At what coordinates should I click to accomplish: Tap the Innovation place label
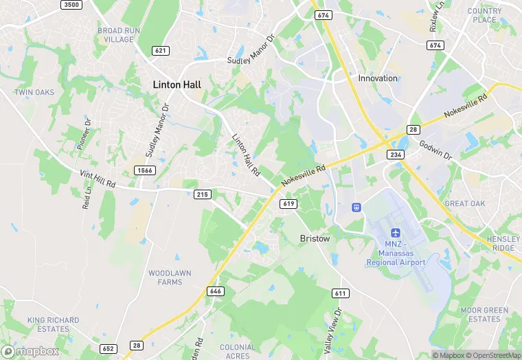pyautogui.click(x=378, y=78)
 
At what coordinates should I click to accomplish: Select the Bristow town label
pyautogui.click(x=315, y=238)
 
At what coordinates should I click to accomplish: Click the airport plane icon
pyautogui.click(x=395, y=235)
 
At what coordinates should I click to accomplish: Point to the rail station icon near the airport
pyautogui.click(x=356, y=207)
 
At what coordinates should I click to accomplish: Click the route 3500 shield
pyautogui.click(x=71, y=5)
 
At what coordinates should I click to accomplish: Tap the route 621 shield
pyautogui.click(x=161, y=51)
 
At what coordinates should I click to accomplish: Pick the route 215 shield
pyautogui.click(x=202, y=194)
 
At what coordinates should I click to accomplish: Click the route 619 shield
pyautogui.click(x=288, y=204)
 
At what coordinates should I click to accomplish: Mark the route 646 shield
pyautogui.click(x=216, y=291)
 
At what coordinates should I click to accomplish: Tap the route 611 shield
pyautogui.click(x=340, y=293)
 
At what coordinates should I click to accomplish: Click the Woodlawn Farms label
pyautogui.click(x=166, y=278)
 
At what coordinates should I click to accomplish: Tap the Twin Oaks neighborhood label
pyautogui.click(x=34, y=92)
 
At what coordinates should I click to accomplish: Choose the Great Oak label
pyautogui.click(x=465, y=203)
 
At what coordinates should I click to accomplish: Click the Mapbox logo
pyautogui.click(x=31, y=351)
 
